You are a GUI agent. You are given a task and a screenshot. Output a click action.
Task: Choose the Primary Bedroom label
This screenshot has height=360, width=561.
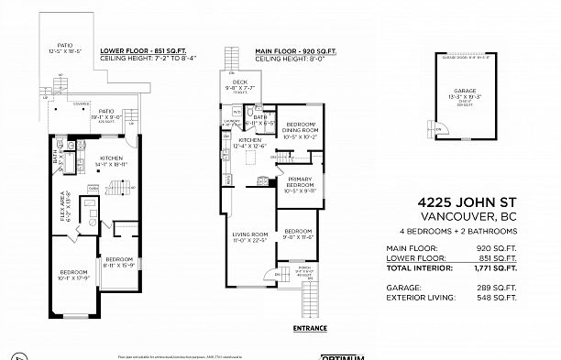point(302,185)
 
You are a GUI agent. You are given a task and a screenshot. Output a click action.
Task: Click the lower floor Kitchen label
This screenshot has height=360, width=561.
point(113,159)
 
